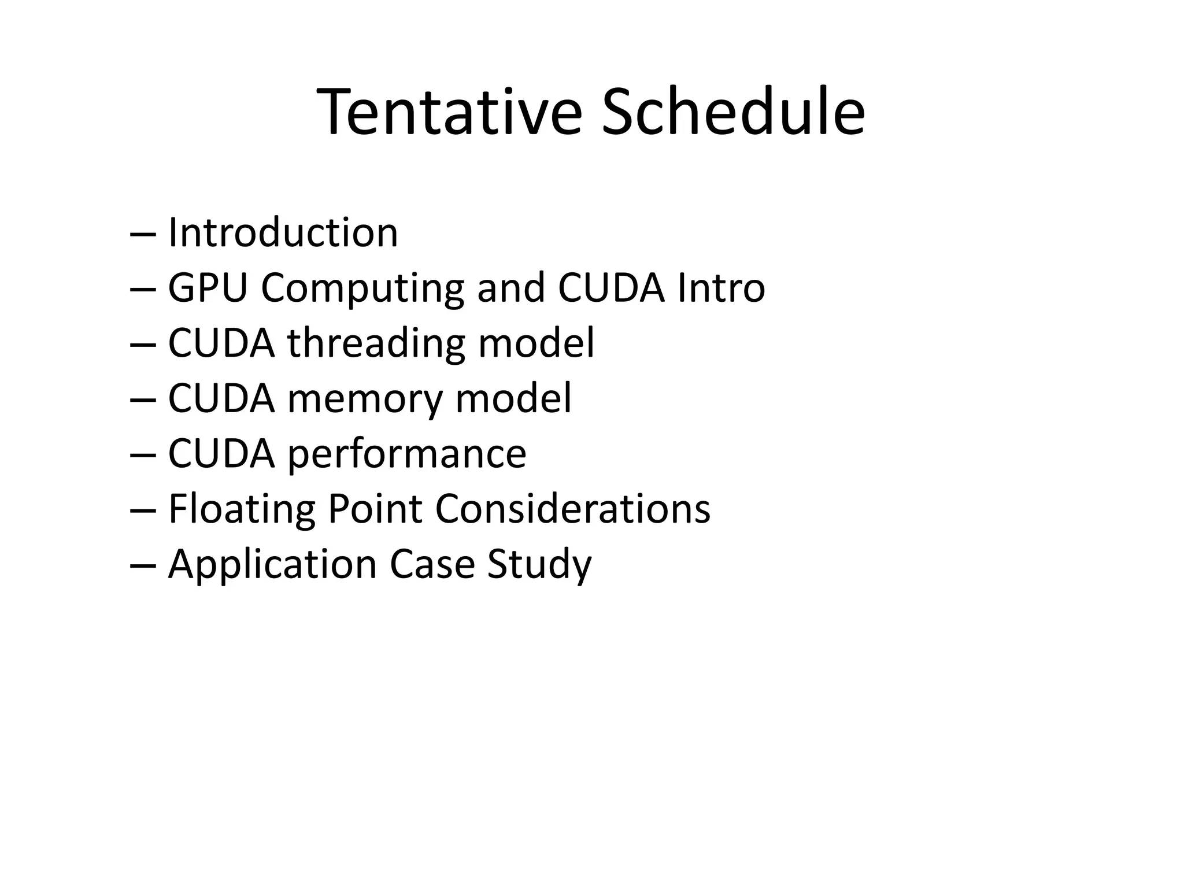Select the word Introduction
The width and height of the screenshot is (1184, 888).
tap(283, 233)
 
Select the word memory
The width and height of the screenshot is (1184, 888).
tap(364, 399)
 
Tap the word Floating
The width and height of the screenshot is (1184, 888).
tap(241, 509)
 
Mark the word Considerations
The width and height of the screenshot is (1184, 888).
tap(572, 509)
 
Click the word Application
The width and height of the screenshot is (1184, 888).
tap(272, 564)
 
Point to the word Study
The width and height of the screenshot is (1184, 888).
tap(539, 565)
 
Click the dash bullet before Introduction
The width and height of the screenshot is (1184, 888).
tap(143, 234)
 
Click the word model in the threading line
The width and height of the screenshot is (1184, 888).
tap(536, 343)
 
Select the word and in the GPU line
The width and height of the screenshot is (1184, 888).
tap(511, 288)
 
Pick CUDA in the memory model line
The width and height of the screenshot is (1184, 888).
tap(221, 398)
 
